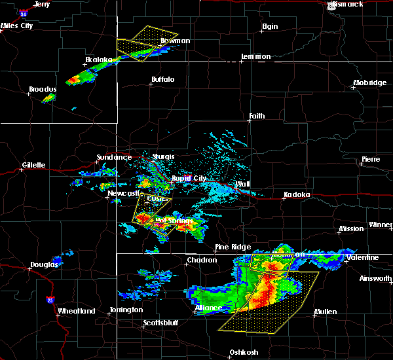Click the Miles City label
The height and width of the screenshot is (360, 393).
(x=17, y=26)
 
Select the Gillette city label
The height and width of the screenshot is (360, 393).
(x=33, y=165)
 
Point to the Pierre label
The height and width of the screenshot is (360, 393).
(x=370, y=160)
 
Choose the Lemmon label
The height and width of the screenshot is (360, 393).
(x=255, y=56)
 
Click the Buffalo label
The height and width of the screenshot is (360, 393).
(x=162, y=79)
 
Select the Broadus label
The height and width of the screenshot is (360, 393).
(x=43, y=89)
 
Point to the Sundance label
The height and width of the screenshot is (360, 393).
(x=110, y=157)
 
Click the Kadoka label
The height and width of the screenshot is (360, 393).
(x=296, y=195)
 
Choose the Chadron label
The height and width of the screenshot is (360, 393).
(x=202, y=260)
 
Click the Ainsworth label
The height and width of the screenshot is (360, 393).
(x=375, y=278)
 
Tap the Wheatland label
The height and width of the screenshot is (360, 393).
(x=77, y=311)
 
